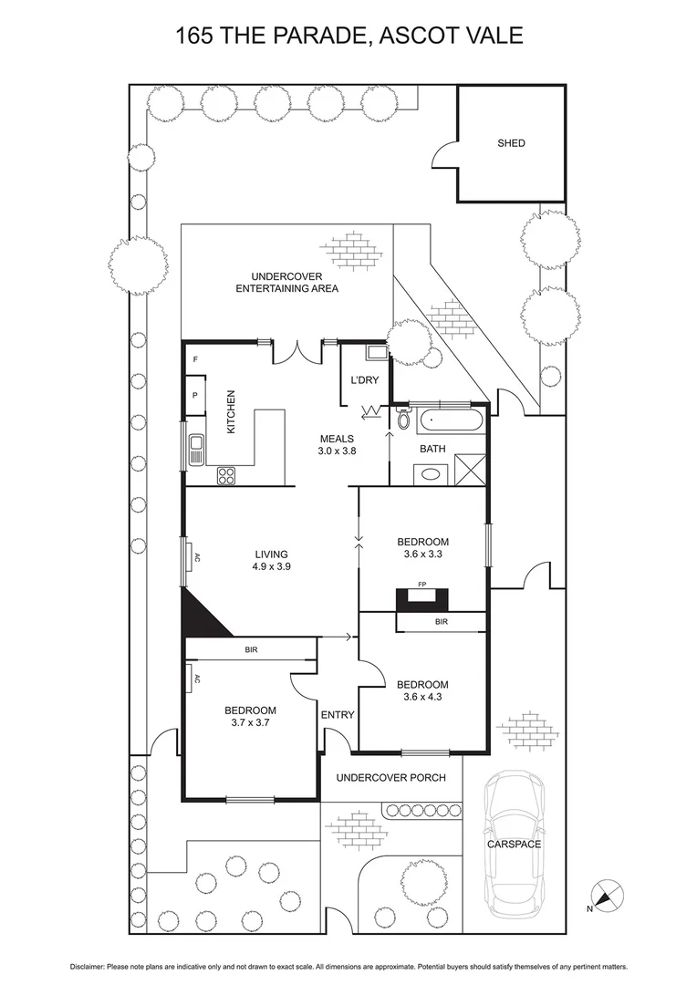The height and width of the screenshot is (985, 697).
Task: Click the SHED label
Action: tap(511, 143)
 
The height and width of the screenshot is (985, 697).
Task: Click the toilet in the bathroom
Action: tap(403, 420)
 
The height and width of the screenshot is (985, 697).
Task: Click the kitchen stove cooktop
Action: tap(225, 474)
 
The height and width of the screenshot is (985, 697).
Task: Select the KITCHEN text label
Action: tap(232, 412)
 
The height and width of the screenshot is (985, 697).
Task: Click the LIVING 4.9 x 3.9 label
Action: tap(271, 560)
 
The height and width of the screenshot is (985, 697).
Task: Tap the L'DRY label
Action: tap(364, 381)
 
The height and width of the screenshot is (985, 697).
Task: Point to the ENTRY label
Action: tap(338, 715)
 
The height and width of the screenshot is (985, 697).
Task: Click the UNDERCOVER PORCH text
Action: tap(390, 778)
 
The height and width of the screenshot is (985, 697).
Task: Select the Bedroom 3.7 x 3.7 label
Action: tap(251, 716)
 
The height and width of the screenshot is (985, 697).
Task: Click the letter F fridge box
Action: tap(195, 360)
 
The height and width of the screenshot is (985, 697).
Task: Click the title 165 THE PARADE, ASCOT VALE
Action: tap(348, 36)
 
